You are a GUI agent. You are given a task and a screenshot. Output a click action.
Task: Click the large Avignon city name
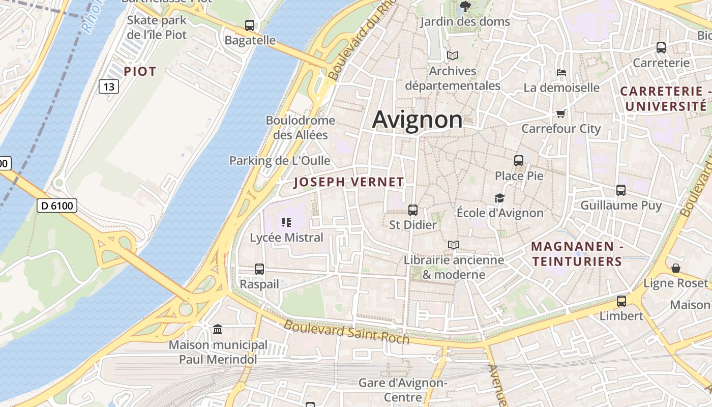[x=418, y=120]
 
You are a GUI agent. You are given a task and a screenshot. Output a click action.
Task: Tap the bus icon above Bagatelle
[x=250, y=25]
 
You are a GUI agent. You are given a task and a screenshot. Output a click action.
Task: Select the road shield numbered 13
[x=109, y=86]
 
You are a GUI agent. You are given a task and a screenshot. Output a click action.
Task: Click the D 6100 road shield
[x=57, y=206]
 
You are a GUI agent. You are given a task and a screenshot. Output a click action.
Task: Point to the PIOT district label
[x=140, y=72]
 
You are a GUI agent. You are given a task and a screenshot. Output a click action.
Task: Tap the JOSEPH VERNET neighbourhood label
[x=349, y=182]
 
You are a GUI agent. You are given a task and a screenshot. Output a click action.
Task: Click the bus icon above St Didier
[x=413, y=210]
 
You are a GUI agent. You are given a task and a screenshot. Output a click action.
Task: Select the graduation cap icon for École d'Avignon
[x=499, y=198]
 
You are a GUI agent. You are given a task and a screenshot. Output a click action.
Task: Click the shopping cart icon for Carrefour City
[x=560, y=113]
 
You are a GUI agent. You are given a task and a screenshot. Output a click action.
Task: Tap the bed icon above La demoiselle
[x=561, y=72]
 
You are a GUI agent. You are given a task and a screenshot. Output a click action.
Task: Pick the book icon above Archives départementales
[x=452, y=55]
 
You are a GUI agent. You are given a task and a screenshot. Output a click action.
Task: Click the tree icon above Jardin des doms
[x=465, y=7]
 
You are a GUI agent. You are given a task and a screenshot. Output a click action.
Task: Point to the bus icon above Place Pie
[x=519, y=161]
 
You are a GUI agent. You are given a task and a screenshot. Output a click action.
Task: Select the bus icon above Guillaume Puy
[x=621, y=190]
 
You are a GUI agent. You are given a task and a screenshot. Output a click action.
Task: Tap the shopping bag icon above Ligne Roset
[x=676, y=268]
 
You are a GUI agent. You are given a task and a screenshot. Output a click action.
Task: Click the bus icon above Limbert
[x=621, y=301]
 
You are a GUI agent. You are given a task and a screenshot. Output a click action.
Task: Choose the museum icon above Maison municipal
[x=218, y=330]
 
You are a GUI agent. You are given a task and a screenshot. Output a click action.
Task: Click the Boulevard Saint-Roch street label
[x=346, y=331]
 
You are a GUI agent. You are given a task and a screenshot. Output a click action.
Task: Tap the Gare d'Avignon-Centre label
[x=402, y=390]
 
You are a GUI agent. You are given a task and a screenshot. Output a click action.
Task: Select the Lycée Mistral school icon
[x=286, y=222]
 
